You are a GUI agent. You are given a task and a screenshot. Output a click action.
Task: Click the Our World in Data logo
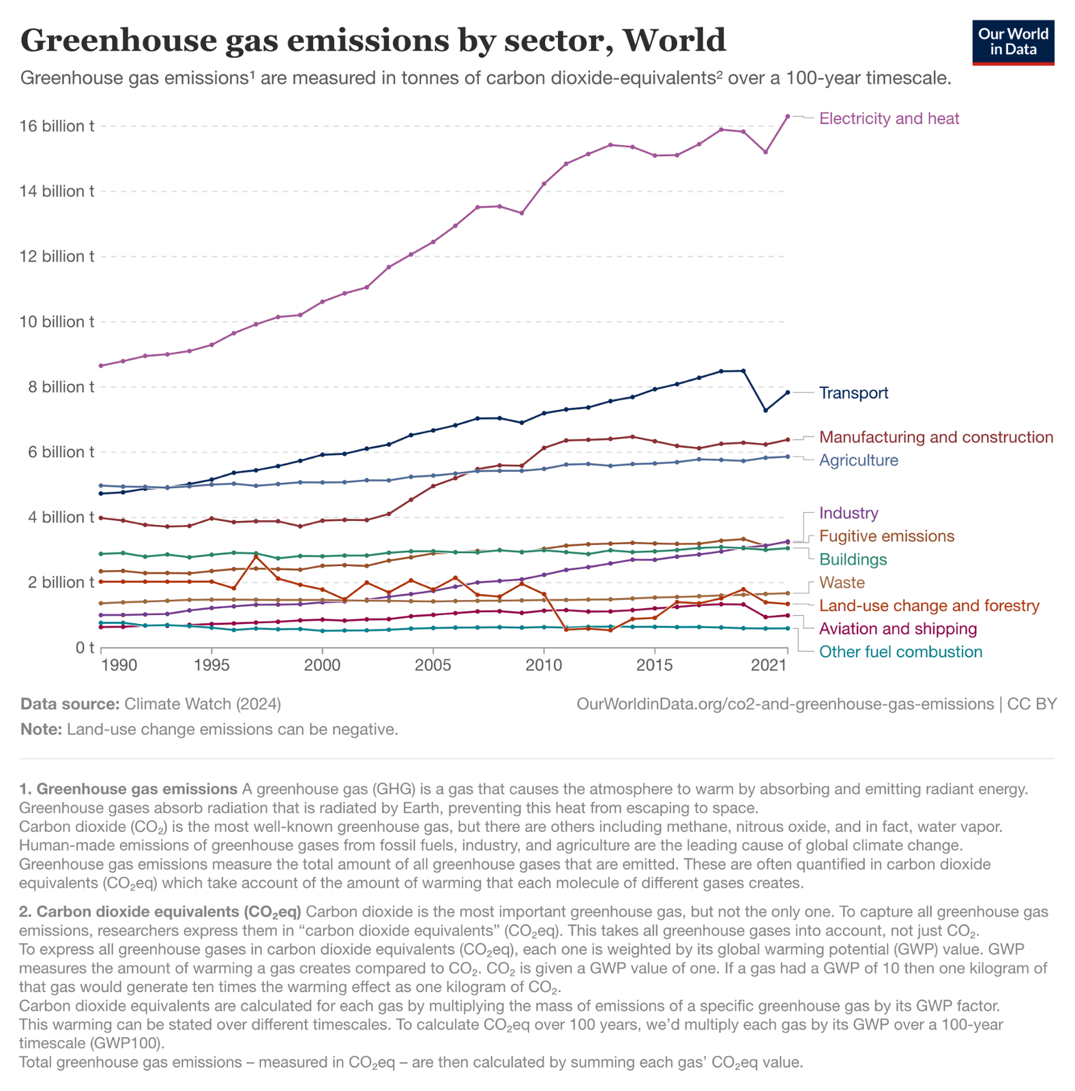pos(1012,43)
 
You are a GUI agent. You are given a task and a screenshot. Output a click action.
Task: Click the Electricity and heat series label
pos(888,119)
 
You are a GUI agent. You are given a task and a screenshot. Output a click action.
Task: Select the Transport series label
pos(853,393)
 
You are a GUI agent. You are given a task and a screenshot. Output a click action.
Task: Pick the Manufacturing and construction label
pos(935,437)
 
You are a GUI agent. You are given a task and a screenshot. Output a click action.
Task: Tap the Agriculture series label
pos(858,460)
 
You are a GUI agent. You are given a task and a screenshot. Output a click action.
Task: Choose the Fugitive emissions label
pos(886,536)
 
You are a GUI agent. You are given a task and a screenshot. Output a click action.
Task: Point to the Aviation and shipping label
pos(897,629)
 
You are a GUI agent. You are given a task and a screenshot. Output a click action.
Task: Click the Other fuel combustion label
pos(900,652)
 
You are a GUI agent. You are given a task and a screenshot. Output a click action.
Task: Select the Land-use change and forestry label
pos(928,606)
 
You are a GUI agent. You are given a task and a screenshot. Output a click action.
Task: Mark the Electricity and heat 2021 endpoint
pos(788,117)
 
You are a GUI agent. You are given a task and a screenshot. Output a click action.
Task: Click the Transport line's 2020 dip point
pos(765,410)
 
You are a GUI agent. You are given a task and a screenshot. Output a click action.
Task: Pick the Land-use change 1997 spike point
pos(256,557)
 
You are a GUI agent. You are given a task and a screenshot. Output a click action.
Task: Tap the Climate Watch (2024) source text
pos(202,704)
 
